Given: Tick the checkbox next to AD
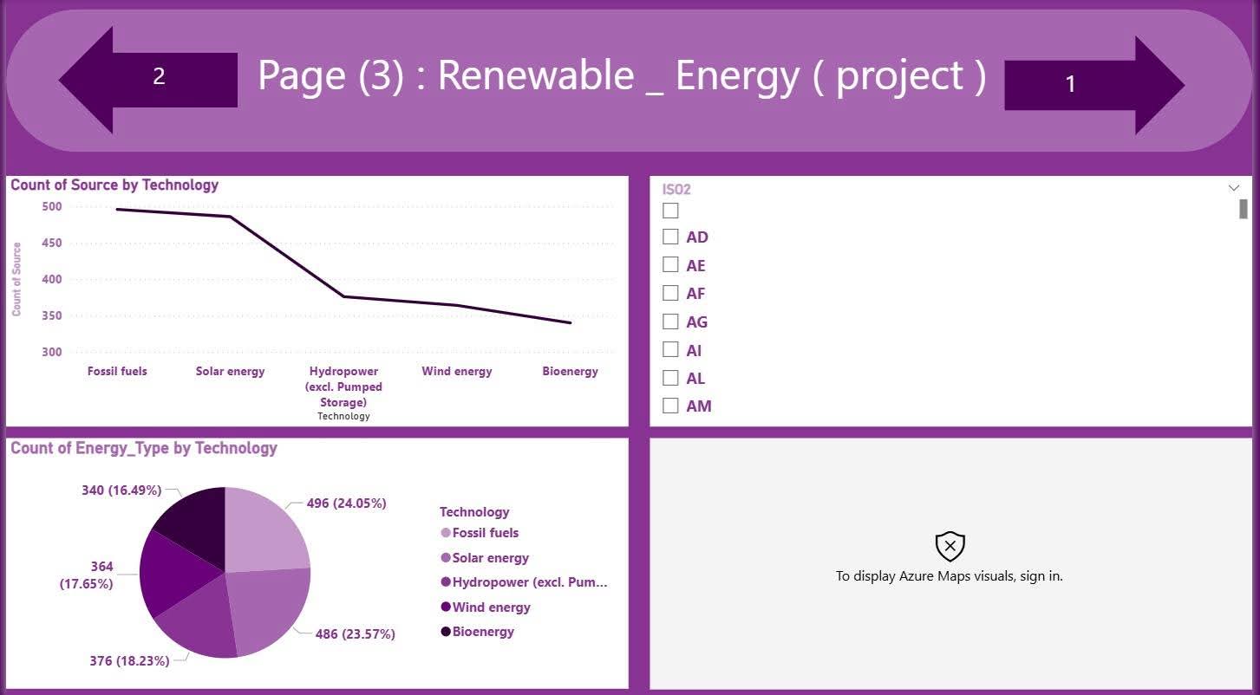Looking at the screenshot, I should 670,237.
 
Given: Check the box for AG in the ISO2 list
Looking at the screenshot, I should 670,322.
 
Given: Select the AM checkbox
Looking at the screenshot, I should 670,406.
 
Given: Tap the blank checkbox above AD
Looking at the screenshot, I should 670,210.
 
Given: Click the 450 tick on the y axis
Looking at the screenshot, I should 51,244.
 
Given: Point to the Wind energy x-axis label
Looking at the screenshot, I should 456,372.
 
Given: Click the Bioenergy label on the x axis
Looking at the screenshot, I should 570,372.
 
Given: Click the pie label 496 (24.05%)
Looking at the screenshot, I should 346,503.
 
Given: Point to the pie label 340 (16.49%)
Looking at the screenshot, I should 121,490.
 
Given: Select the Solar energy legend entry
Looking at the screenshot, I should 490,558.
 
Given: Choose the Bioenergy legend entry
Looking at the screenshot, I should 483,632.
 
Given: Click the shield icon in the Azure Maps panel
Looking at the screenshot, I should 950,546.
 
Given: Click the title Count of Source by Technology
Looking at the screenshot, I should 114,185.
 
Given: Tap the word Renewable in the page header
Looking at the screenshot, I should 535,76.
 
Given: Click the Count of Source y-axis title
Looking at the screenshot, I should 16,279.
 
